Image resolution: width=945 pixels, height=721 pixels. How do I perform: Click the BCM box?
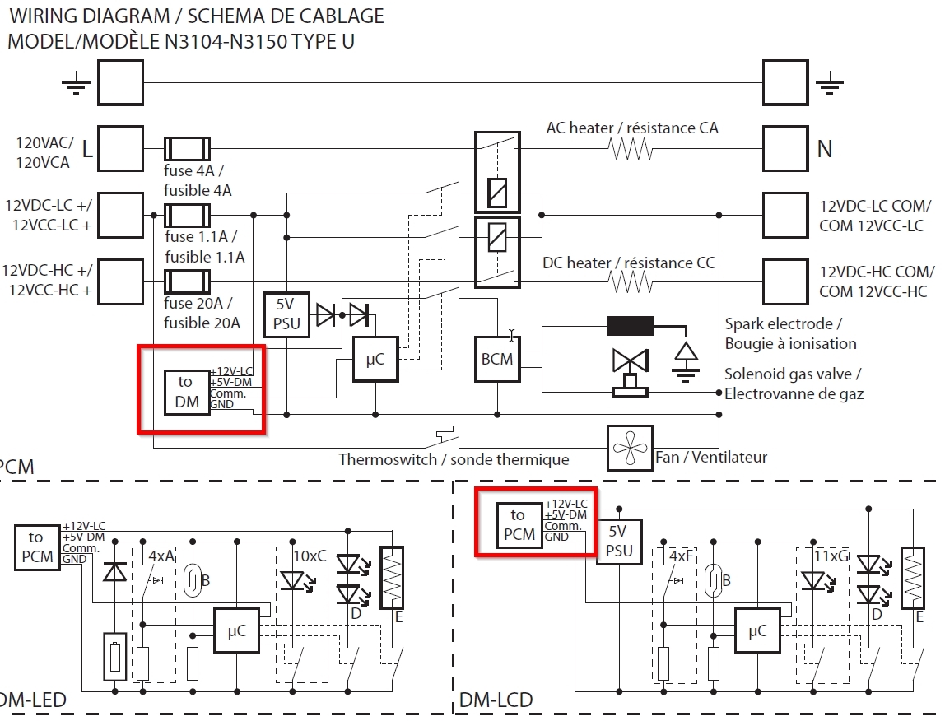tap(497, 359)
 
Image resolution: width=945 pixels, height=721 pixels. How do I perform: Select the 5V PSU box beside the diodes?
tap(286, 314)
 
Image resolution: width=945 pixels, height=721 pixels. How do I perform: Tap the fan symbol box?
tap(629, 449)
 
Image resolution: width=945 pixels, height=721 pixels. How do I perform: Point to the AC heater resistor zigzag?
tap(631, 149)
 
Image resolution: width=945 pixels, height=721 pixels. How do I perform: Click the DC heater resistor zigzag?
tap(631, 283)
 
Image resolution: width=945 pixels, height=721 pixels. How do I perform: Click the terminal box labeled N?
tap(786, 149)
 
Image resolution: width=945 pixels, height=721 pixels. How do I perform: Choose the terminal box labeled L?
tap(120, 149)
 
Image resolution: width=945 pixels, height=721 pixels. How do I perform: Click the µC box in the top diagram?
tap(375, 359)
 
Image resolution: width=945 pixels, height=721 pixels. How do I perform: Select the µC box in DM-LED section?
tap(236, 630)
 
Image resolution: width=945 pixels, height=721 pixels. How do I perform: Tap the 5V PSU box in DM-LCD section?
tap(619, 542)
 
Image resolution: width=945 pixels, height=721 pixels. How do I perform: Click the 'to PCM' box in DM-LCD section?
tap(519, 525)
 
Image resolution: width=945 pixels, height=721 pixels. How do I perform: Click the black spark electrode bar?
tap(631, 326)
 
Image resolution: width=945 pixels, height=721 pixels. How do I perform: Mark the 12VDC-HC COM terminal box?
tap(786, 282)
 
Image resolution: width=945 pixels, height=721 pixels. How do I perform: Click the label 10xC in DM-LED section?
tap(310, 556)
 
